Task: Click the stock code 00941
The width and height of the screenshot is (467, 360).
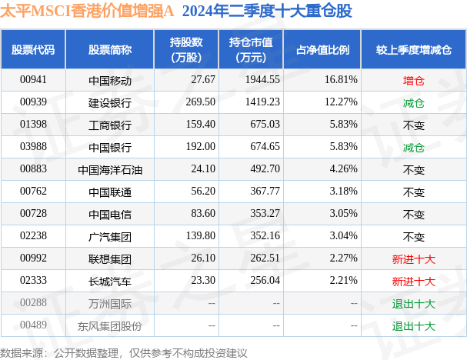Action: coord(33,79)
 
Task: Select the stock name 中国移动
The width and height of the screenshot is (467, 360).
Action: coord(110,79)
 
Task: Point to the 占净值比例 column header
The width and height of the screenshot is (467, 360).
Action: coord(322,49)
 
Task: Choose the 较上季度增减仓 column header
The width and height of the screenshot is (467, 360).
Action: coord(413,49)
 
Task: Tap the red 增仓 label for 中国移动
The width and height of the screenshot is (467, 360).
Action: coord(413,79)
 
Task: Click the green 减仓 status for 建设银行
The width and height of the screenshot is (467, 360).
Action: coord(413,102)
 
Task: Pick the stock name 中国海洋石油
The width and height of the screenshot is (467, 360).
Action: coord(110,169)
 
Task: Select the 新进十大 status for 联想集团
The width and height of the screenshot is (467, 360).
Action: coord(413,259)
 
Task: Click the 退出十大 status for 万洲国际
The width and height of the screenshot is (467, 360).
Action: coord(413,304)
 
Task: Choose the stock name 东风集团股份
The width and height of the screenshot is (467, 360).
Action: coord(110,326)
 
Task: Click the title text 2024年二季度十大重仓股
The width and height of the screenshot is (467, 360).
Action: coord(268,12)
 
